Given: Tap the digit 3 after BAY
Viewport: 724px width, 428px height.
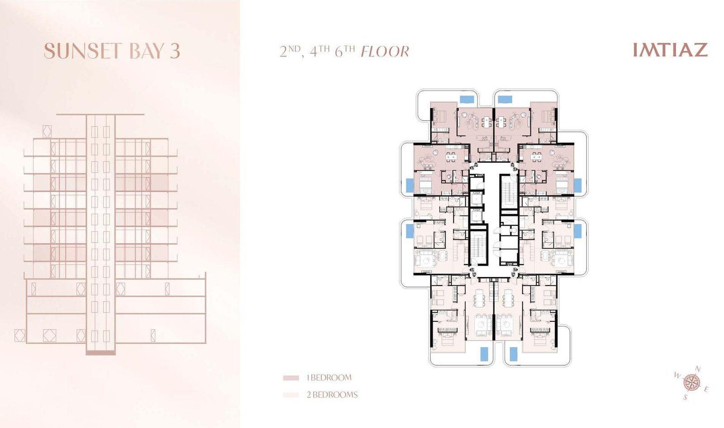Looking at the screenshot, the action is point(175,51).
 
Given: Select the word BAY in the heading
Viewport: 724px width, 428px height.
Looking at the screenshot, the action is point(147,51).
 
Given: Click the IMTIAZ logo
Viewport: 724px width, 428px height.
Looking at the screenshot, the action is point(671,50).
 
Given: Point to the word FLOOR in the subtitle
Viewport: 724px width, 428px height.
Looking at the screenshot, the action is point(385,52).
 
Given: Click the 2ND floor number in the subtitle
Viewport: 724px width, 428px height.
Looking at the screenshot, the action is point(290,51).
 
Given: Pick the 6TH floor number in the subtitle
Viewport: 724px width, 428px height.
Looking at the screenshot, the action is point(345,51).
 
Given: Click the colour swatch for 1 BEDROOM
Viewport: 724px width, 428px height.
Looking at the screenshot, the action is point(291,378).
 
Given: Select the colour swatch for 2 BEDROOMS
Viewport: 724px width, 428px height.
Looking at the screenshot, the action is point(291,395).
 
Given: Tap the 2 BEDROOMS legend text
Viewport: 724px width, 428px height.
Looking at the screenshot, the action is point(332,395).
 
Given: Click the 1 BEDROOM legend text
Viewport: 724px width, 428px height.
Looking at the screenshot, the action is point(329,378).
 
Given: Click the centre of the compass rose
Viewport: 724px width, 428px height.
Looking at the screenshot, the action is point(691,383).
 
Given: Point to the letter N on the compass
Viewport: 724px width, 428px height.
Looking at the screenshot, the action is point(698,369).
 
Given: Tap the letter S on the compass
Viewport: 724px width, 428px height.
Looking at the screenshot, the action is point(685,398).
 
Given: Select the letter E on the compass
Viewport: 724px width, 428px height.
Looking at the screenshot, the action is point(706,390).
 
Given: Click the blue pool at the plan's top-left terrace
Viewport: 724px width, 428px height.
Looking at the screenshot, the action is point(467,99).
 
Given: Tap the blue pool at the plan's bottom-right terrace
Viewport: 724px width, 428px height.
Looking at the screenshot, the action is point(513,354).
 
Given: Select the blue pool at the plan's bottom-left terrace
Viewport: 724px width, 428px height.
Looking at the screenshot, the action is point(484,354).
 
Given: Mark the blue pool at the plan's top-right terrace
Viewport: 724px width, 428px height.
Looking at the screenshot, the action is point(505,99).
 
